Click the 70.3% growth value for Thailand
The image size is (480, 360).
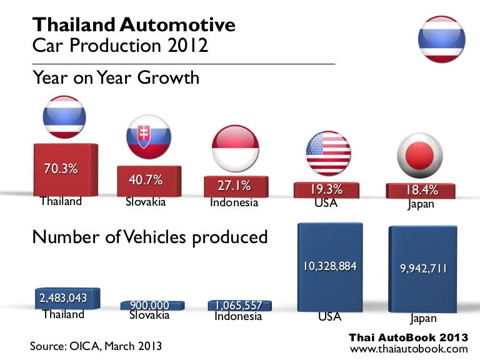[x=61, y=168]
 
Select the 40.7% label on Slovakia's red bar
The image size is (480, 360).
[x=146, y=180]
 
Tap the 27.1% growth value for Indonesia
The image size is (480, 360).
[x=234, y=186]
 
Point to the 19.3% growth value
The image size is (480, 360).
[x=326, y=189]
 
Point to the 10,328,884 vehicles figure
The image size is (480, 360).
[x=330, y=266]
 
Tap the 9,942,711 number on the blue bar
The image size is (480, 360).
[x=424, y=269]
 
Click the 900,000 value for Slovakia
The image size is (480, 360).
[x=149, y=304]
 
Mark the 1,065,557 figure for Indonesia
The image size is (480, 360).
[x=239, y=306]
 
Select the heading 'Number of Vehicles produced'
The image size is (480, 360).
[x=150, y=237]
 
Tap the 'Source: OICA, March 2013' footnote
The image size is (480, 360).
[x=96, y=346]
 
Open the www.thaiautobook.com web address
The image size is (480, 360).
[x=409, y=349]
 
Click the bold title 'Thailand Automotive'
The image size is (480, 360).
[x=134, y=25]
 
